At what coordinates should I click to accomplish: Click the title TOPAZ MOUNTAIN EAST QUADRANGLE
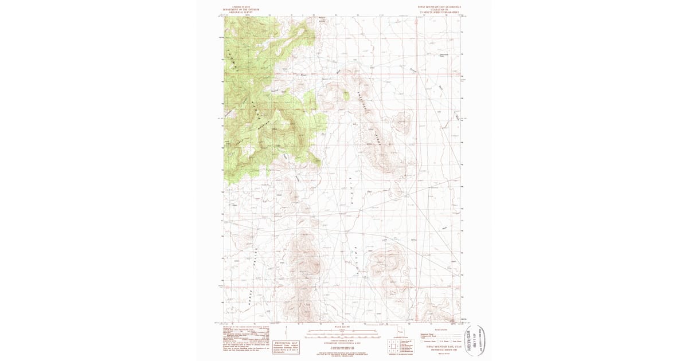439,7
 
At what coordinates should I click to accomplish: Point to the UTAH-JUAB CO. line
439,9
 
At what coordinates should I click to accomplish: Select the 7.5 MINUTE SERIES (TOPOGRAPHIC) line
439,11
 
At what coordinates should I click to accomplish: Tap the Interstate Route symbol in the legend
423,342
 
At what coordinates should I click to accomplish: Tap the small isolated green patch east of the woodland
346,96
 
